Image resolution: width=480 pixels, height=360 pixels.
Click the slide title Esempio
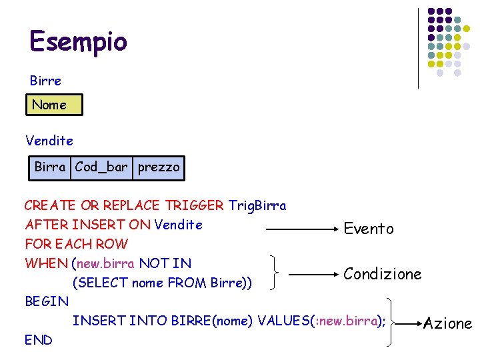point(78,41)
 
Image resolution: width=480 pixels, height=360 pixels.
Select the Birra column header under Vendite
point(50,167)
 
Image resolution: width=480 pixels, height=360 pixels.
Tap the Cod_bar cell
point(101,167)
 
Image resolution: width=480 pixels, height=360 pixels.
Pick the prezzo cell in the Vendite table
point(159,167)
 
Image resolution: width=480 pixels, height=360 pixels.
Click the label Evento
point(369,229)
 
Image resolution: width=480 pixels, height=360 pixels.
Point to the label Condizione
point(383,274)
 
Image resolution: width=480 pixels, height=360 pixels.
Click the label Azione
point(448,324)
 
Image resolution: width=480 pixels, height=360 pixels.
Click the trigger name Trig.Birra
point(257,205)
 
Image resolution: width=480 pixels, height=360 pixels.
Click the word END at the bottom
point(39,340)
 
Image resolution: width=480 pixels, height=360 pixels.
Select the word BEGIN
point(47,301)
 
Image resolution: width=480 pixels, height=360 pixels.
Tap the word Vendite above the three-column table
point(49,141)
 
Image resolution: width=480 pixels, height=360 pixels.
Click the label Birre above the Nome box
point(45,81)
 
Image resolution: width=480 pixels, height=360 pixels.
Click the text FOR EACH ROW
point(76,244)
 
